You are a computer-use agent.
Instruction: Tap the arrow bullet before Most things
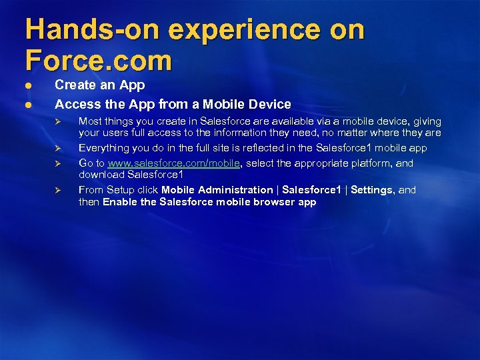pos(58,121)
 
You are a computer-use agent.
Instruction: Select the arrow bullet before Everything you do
pos(58,148)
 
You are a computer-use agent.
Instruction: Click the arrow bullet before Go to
pos(58,163)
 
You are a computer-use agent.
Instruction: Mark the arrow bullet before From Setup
pos(58,190)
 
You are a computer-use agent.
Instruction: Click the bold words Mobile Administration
pos(217,190)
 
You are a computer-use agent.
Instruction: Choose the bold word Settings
pos(372,190)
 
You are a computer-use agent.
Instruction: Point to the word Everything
pos(103,148)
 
